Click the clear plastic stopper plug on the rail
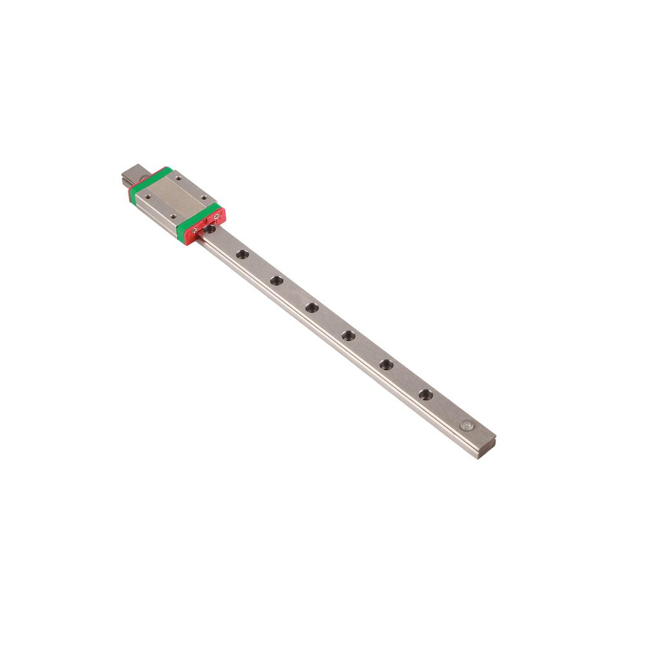pos(466,425)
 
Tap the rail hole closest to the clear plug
pos(425,394)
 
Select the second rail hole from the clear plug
pos(386,365)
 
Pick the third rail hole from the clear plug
pos(349,335)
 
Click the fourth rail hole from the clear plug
pos(312,307)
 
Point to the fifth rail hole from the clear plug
pos(277,280)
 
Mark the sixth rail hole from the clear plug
pos(242,255)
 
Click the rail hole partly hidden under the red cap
pos(210,228)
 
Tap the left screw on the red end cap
pos(194,229)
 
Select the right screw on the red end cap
pos(215,217)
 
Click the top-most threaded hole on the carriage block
pos(177,177)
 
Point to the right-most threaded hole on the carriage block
pos(204,197)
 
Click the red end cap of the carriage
pos(205,226)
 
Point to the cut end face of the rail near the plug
pos(485,447)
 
